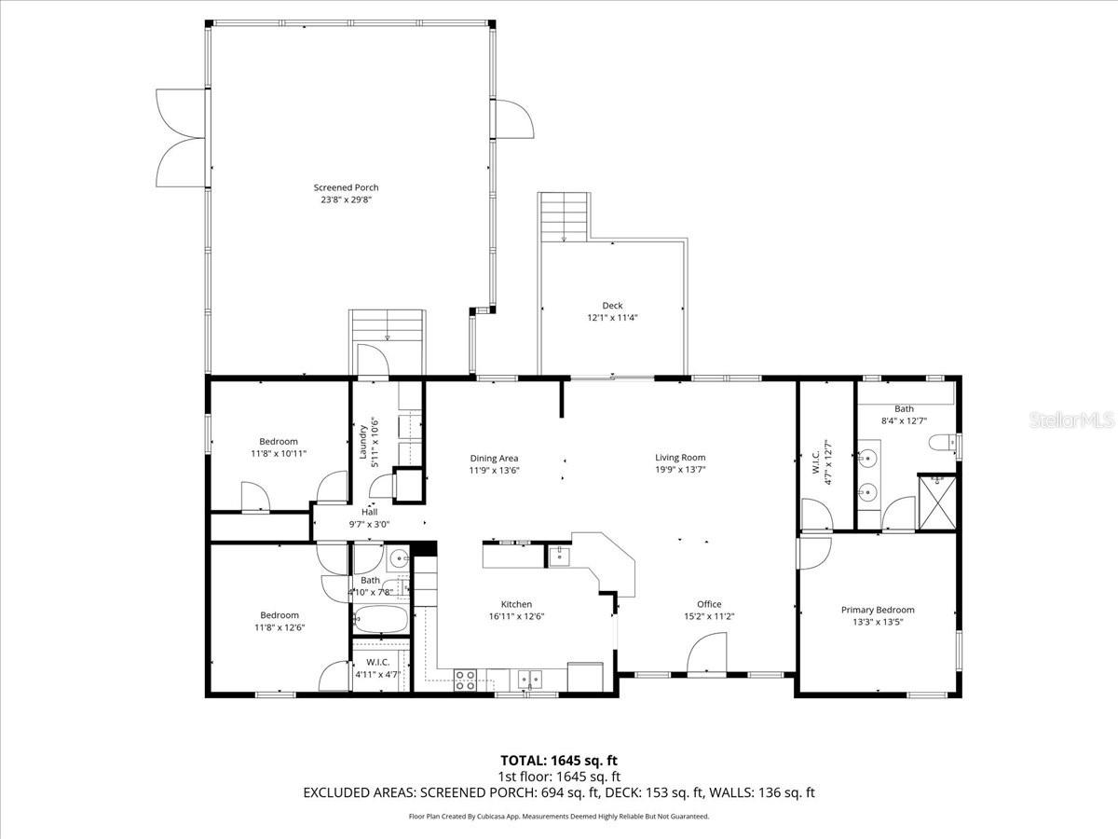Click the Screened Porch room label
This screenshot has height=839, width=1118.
346,187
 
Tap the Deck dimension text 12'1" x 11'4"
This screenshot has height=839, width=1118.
612,317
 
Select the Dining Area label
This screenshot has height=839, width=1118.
494,458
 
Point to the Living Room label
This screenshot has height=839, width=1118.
680,458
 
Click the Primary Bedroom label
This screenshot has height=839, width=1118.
878,610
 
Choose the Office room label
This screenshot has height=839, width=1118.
709,604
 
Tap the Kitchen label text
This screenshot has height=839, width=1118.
516,604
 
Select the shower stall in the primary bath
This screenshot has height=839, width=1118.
937,502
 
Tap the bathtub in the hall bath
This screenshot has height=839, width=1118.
380,618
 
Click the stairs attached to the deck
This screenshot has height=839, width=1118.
564,216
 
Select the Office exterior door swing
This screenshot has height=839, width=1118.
708,653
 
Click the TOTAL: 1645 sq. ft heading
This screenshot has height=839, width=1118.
559,760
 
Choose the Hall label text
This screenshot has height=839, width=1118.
370,512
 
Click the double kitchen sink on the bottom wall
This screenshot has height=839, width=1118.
531,678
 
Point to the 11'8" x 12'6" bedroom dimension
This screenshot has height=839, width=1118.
279,627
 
